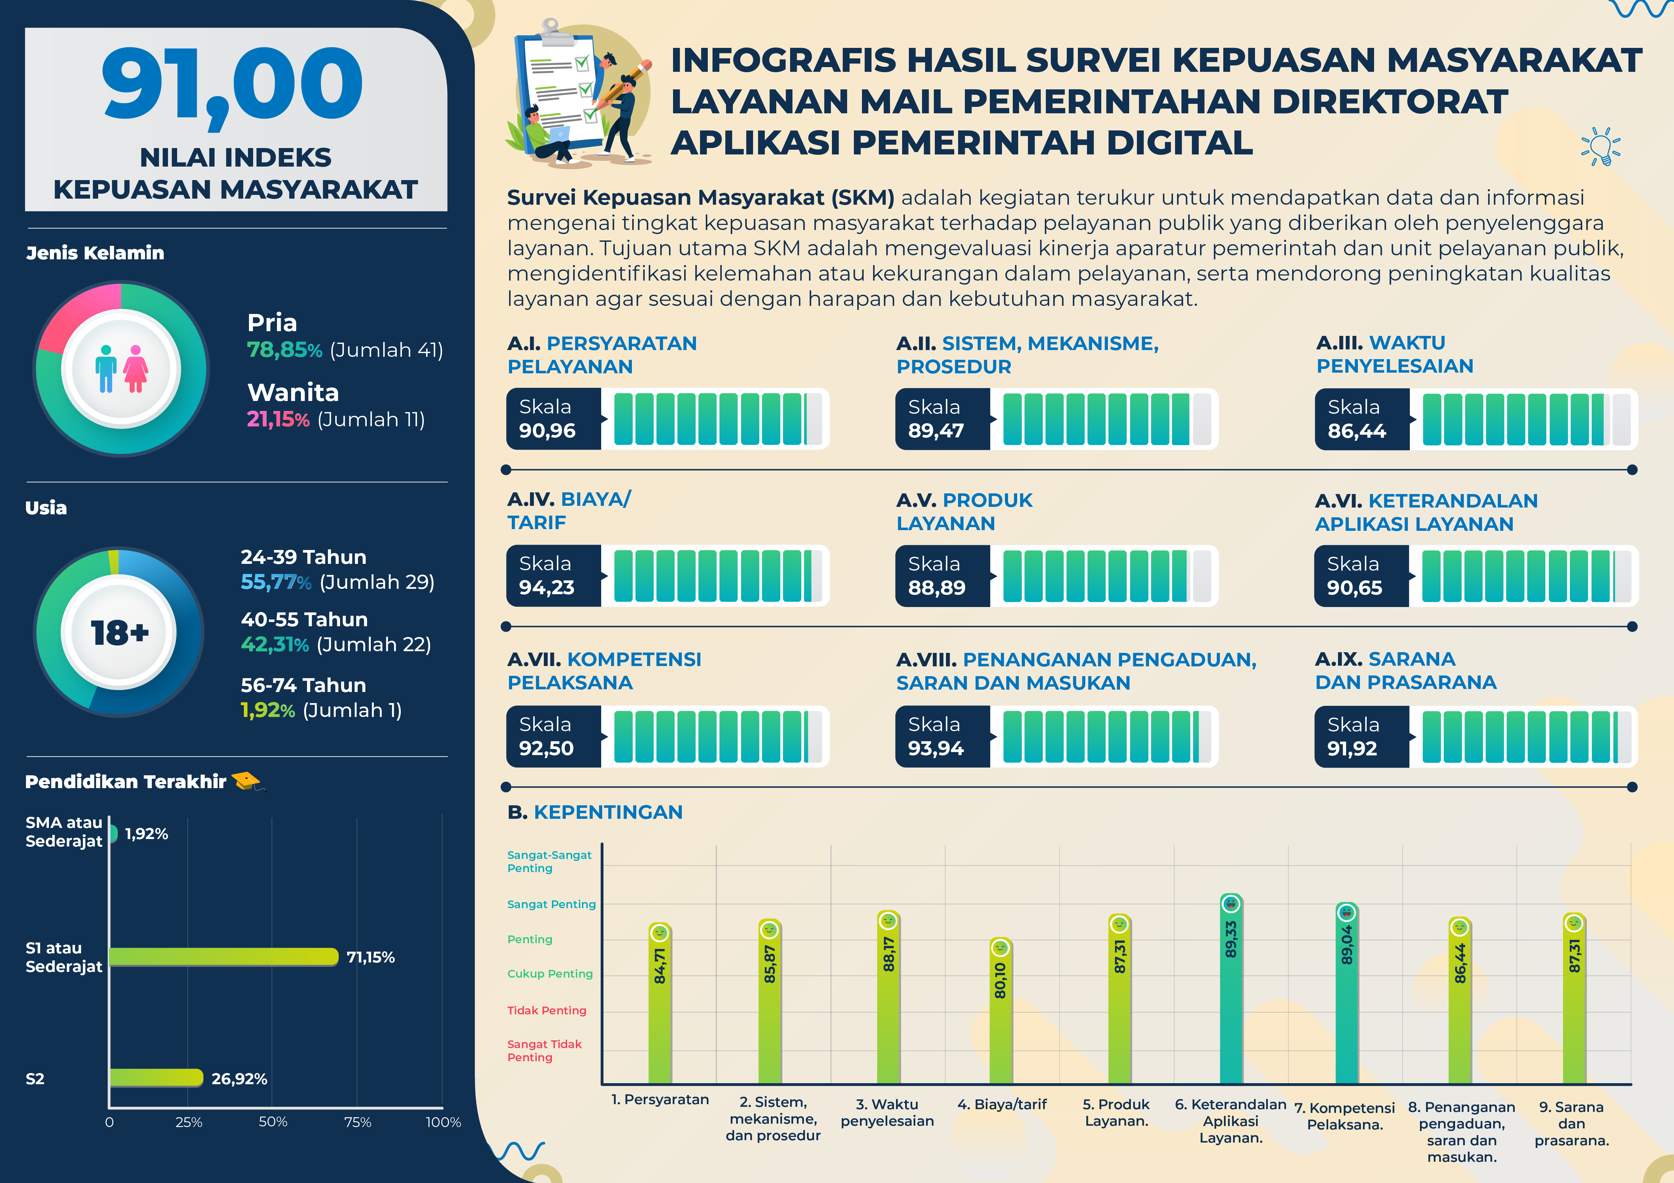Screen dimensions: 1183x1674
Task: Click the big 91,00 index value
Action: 232,84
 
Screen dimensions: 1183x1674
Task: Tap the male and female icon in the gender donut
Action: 121,369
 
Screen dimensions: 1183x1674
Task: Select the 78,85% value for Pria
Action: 284,350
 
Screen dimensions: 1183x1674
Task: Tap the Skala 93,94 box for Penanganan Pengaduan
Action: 942,736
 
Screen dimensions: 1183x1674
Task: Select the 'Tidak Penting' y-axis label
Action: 547,1010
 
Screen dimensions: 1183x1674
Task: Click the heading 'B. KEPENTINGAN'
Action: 595,812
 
